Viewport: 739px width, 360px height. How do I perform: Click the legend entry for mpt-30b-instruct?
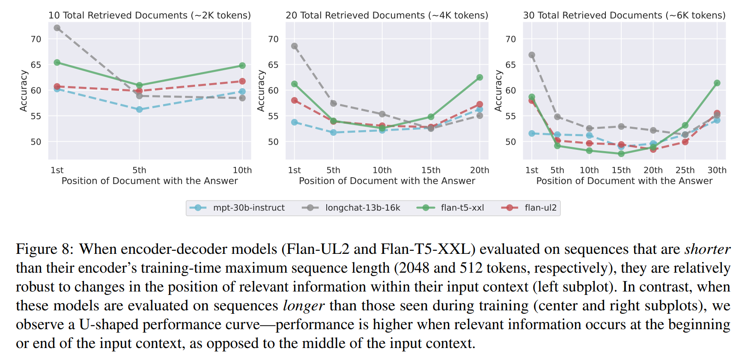click(x=248, y=208)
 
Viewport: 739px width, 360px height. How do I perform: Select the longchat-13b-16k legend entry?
click(x=362, y=208)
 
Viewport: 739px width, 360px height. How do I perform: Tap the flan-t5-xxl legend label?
click(x=462, y=208)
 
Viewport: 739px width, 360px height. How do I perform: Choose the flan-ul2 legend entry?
click(x=540, y=208)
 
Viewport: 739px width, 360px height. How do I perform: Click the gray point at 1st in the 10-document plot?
click(x=57, y=28)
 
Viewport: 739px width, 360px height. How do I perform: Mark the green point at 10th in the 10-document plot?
click(x=242, y=65)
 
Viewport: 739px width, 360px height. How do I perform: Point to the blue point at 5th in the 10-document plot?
click(x=139, y=110)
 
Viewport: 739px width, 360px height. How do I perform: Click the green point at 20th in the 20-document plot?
click(x=480, y=77)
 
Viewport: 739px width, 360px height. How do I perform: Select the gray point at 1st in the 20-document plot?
click(x=295, y=46)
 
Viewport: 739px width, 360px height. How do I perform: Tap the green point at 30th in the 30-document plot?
click(x=717, y=83)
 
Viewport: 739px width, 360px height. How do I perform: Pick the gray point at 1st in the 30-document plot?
click(x=532, y=55)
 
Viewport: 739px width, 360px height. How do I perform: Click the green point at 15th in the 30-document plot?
click(x=621, y=154)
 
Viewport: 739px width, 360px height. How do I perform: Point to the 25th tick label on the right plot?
click(x=685, y=170)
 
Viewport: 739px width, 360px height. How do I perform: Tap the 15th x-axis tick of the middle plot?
click(x=431, y=170)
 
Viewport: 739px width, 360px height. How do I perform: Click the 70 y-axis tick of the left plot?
click(x=36, y=39)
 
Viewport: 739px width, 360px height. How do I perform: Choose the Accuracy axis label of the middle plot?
click(x=261, y=91)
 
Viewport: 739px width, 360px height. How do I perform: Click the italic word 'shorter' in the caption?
click(x=707, y=249)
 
